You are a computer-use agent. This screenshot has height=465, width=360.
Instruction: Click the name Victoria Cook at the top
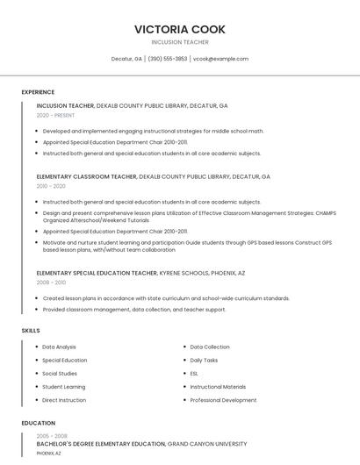(x=180, y=29)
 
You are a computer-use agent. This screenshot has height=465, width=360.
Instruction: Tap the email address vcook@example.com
(x=220, y=59)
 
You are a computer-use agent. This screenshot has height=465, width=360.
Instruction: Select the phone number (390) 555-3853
(x=167, y=59)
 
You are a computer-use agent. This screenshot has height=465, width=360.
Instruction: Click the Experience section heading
(x=38, y=92)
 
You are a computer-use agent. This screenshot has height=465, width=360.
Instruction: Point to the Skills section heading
(x=31, y=331)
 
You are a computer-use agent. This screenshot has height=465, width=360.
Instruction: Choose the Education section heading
(x=39, y=423)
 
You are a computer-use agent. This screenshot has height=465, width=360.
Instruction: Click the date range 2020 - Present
(x=55, y=115)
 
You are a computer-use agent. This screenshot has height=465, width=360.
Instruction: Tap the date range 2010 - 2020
(x=51, y=186)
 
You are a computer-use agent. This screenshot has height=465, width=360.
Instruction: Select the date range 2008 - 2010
(x=51, y=283)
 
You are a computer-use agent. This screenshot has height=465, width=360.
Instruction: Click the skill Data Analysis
(x=59, y=347)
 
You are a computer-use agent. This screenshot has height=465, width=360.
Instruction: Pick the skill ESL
(x=194, y=374)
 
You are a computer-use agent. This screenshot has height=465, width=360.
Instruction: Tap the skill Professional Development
(x=223, y=400)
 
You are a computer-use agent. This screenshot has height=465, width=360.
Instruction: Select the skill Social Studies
(x=60, y=374)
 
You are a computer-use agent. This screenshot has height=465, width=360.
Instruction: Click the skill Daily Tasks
(x=204, y=361)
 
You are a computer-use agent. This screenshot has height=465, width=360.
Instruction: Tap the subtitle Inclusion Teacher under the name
(x=180, y=42)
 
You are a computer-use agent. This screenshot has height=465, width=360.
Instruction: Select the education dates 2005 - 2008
(x=52, y=435)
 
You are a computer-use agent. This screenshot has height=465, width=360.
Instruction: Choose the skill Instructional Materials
(x=218, y=387)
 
